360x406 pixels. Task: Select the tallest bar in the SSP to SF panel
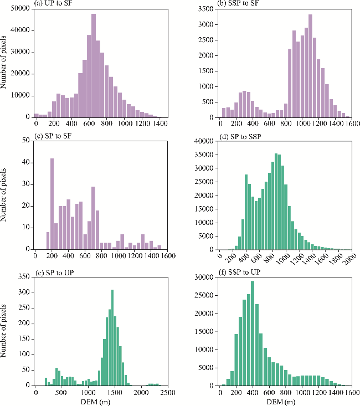click(x=310, y=66)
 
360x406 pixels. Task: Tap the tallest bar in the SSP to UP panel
click(x=253, y=333)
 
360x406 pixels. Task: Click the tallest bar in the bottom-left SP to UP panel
click(x=112, y=337)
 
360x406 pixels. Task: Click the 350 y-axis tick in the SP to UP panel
click(x=23, y=276)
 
